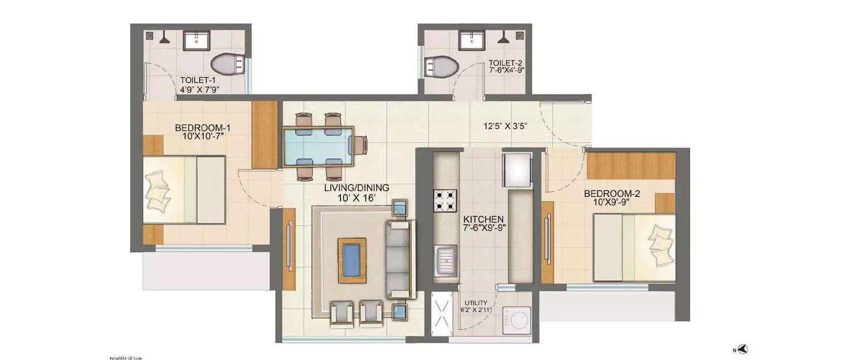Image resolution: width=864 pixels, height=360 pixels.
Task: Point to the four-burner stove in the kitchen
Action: point(445,201)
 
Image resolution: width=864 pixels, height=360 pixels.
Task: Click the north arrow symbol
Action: point(743,349)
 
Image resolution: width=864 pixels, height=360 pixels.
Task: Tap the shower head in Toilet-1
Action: point(165,37)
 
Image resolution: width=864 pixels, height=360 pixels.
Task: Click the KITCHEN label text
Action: point(484,223)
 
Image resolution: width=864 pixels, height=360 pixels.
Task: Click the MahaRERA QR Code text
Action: point(125,358)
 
